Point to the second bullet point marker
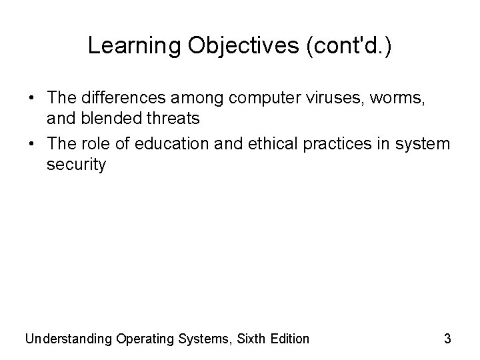(x=31, y=144)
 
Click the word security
(x=75, y=165)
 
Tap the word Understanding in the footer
(x=67, y=339)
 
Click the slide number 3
(x=447, y=339)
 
